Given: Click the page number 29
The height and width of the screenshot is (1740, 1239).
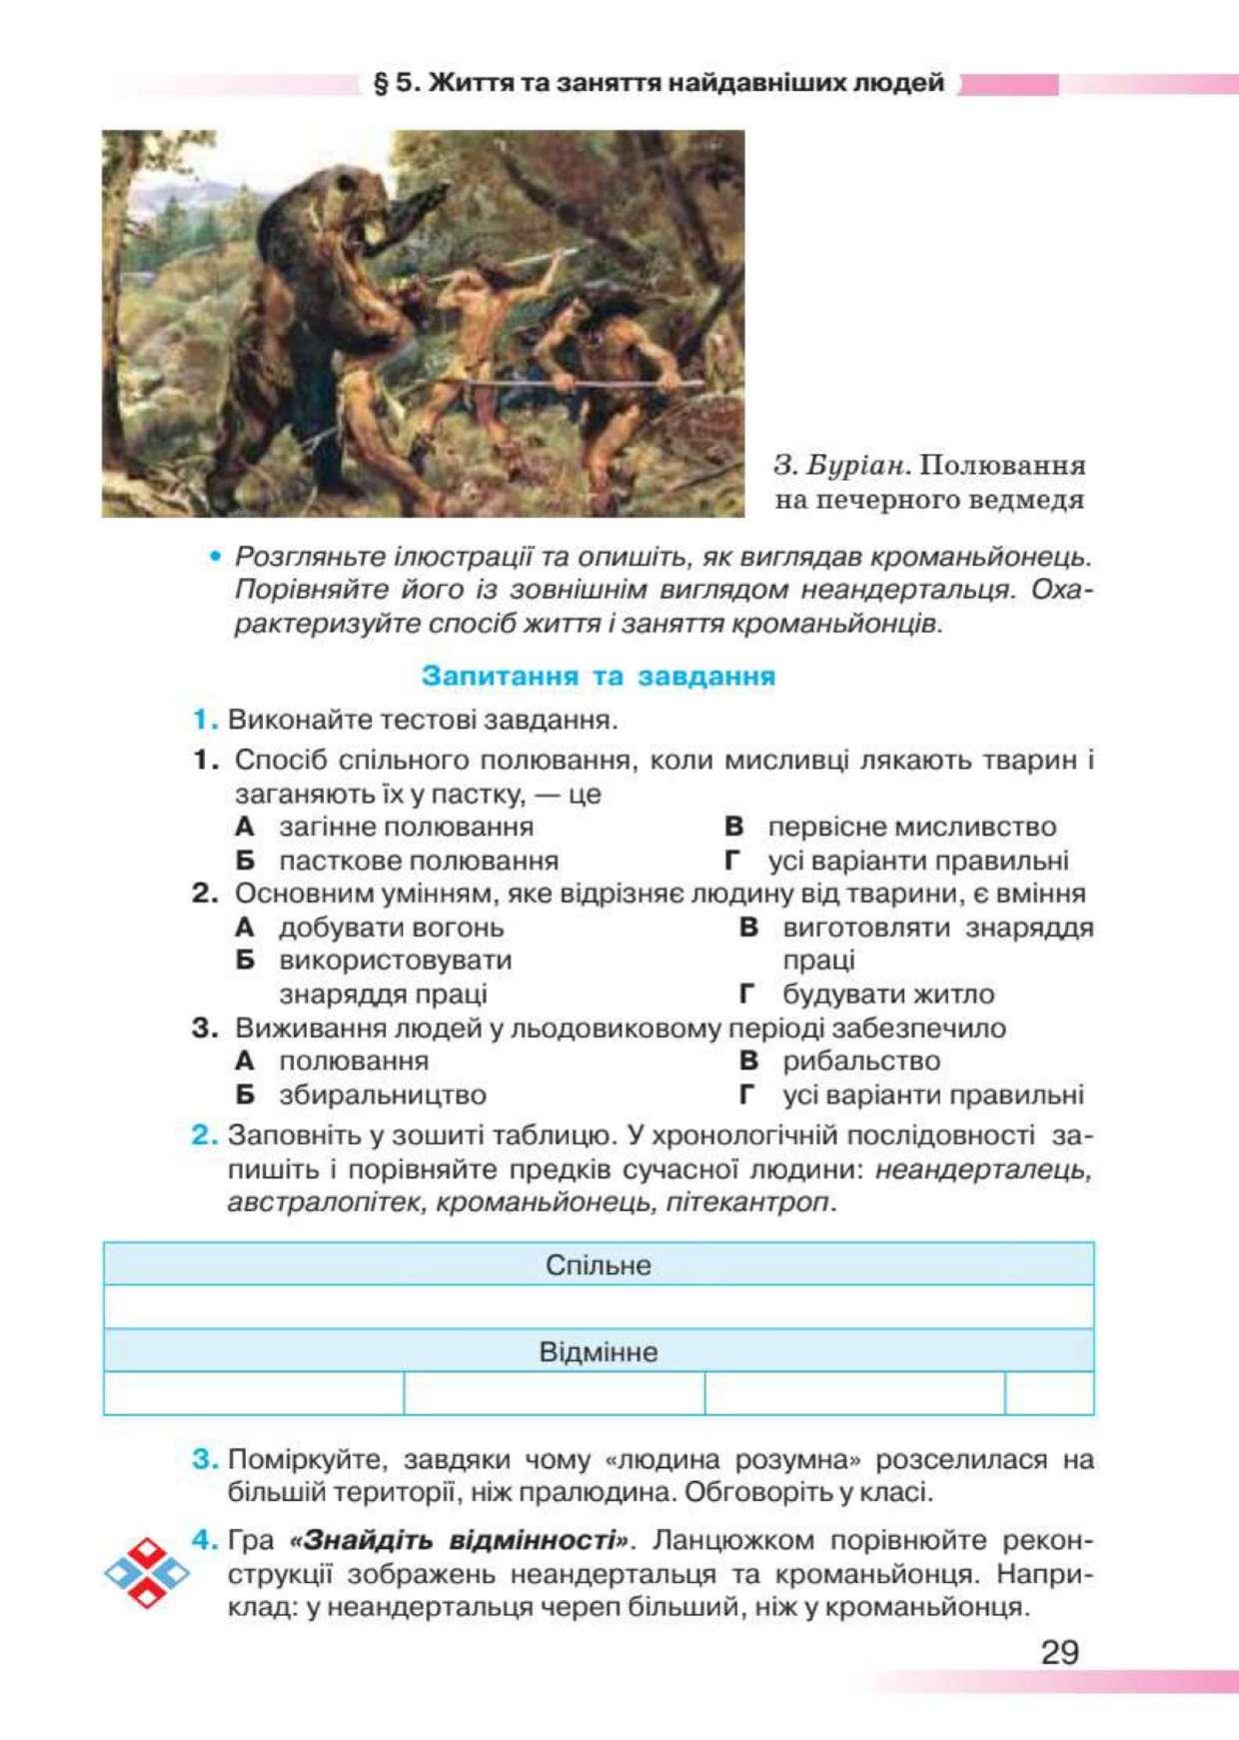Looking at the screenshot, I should coord(1059,1651).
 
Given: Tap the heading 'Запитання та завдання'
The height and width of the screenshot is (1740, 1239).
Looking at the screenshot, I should coord(598,676).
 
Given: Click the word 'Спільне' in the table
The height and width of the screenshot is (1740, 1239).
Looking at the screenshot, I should coord(598,1265).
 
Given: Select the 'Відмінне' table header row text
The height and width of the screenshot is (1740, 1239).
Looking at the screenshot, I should coord(598,1352).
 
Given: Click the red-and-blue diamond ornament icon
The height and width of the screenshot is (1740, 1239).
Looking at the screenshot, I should coord(147,1573).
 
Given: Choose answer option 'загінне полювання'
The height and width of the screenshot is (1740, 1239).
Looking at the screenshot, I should coord(406,827).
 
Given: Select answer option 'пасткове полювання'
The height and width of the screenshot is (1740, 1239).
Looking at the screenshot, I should coord(418,861).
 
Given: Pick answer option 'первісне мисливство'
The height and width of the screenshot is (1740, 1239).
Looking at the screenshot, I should coord(911,827).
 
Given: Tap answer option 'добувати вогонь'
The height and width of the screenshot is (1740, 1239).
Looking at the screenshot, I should coord(391,927).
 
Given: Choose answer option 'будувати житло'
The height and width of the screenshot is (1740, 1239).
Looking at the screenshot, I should coord(888,994).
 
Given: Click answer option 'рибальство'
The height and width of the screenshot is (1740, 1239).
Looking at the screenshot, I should coord(861,1060).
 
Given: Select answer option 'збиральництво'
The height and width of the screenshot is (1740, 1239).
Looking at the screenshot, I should coord(382,1094).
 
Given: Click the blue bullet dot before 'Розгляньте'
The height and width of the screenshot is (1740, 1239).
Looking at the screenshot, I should coord(214,557).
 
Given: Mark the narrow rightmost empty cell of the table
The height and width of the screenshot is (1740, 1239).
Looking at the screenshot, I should coord(1049,1393).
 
